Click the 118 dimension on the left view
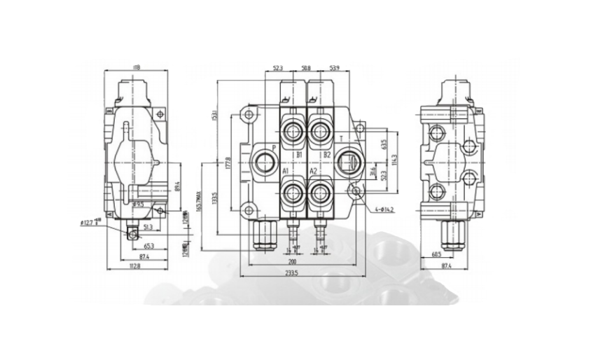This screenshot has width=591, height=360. click(136, 68)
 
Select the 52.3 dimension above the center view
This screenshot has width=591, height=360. click(277, 68)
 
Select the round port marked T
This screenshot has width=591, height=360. click(347, 163)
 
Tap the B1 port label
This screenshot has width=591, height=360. click(298, 154)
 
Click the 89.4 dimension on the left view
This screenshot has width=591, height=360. click(177, 186)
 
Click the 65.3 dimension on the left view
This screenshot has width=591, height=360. click(148, 247)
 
